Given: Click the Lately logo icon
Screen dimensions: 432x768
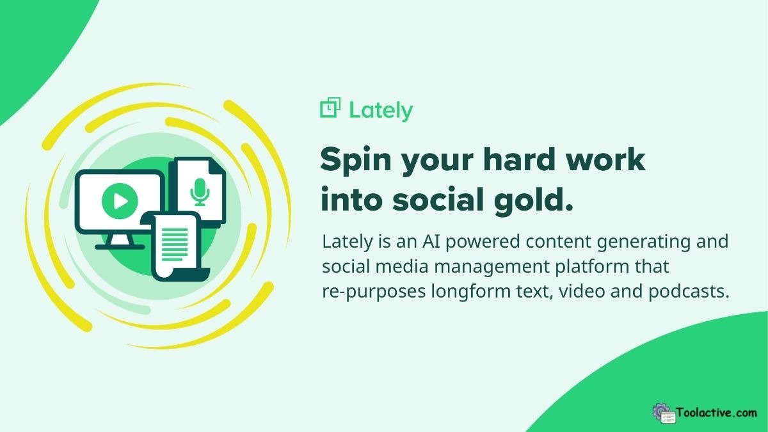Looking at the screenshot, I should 330,108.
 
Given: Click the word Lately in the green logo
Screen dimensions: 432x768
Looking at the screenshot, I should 381,110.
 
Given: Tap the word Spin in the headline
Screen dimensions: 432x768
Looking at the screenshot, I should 356,160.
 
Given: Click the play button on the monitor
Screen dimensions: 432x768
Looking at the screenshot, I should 118,202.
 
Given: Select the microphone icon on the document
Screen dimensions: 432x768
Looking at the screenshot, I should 200,191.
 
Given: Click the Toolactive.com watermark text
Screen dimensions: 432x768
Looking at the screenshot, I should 716,413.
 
